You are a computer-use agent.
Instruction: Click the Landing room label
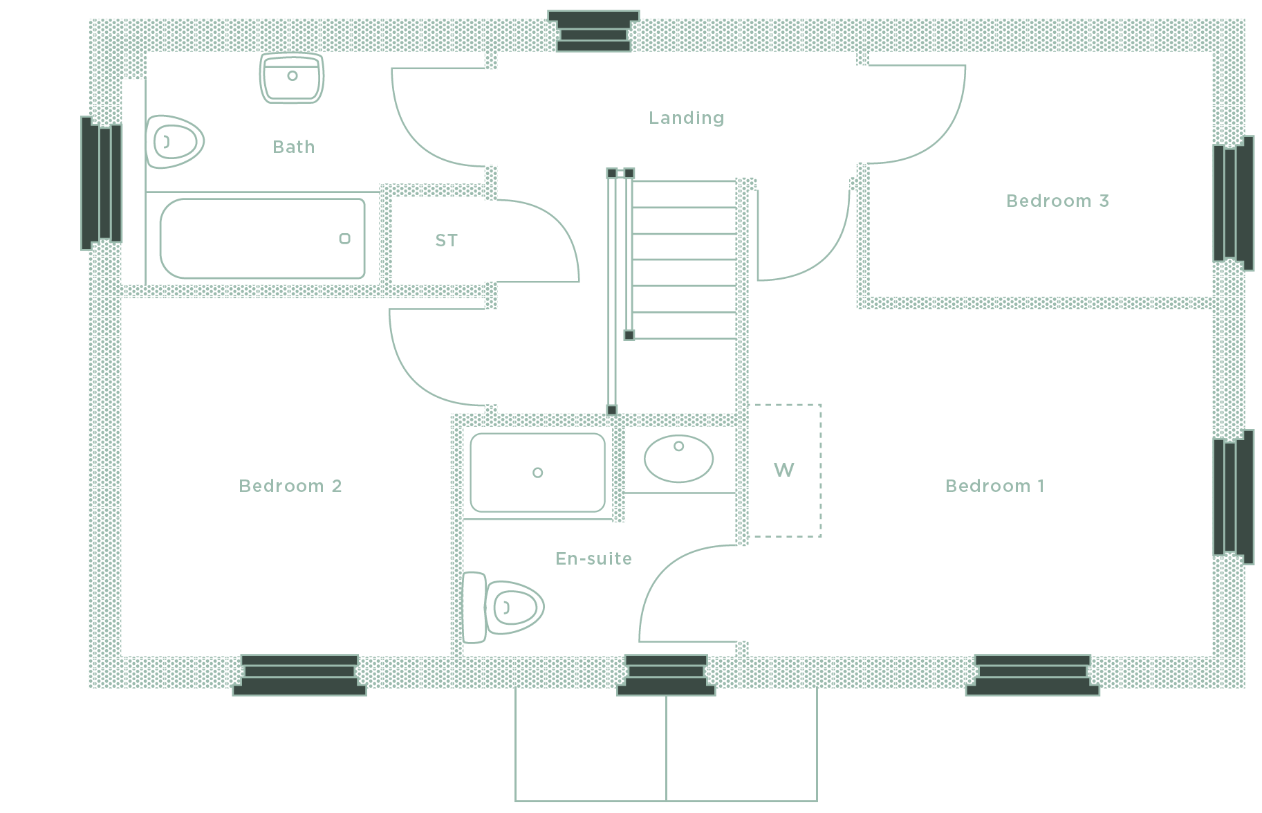pyautogui.click(x=686, y=118)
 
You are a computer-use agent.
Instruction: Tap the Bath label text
pyautogui.click(x=294, y=147)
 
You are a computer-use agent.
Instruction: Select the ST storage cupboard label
pyautogui.click(x=447, y=241)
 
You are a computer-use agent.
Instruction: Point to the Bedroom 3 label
pyautogui.click(x=1057, y=201)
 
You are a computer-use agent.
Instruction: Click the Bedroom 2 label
pyautogui.click(x=290, y=486)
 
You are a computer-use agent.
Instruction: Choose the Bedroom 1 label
pyautogui.click(x=994, y=486)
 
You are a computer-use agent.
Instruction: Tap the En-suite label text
pyautogui.click(x=594, y=559)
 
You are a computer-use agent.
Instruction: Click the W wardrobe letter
pyautogui.click(x=783, y=471)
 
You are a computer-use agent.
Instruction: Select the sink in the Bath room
pyautogui.click(x=292, y=77)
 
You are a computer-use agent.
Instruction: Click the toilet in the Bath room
pyautogui.click(x=174, y=142)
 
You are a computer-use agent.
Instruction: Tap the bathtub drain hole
pyautogui.click(x=344, y=239)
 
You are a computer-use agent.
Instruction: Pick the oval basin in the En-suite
pyautogui.click(x=678, y=458)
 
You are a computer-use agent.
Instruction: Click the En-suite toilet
pyautogui.click(x=503, y=608)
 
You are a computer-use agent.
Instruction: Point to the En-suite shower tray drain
pyautogui.click(x=537, y=473)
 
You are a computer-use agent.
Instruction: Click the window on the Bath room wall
pyautogui.click(x=102, y=183)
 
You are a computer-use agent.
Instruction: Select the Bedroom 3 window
pyautogui.click(x=1234, y=203)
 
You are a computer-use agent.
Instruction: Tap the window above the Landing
pyautogui.click(x=593, y=31)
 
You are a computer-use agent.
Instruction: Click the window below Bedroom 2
pyautogui.click(x=299, y=675)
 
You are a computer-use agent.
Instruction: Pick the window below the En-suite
pyautogui.click(x=666, y=675)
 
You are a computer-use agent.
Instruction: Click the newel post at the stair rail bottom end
pyautogui.click(x=611, y=410)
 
